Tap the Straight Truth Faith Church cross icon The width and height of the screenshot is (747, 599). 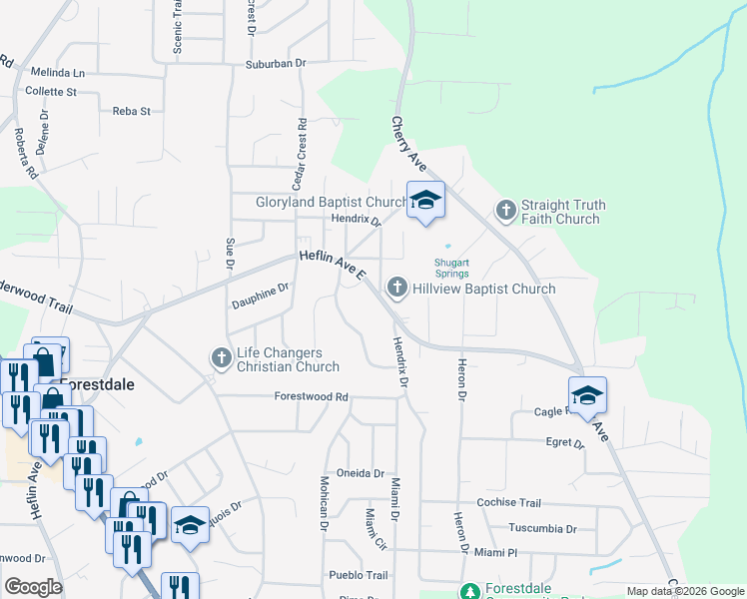coord(506,211)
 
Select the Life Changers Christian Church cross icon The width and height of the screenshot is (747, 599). coord(221,357)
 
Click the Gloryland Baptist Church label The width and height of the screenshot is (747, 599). coord(319,202)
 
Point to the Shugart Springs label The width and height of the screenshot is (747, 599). coord(451,270)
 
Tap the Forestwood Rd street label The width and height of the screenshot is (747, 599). coord(312,396)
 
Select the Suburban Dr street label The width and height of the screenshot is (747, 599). coord(275,63)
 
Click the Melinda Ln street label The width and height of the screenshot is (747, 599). coord(57,73)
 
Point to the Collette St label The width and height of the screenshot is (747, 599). coord(51,92)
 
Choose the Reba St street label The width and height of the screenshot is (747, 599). coord(131,112)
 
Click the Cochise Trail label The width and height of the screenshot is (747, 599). coord(509,503)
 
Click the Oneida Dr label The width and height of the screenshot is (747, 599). coord(360,473)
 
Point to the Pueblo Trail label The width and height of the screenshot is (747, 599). coord(359,575)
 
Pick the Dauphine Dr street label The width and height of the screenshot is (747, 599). coord(260,294)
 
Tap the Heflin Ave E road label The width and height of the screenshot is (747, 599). coord(334,266)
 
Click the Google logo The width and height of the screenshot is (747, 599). coord(33,587)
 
